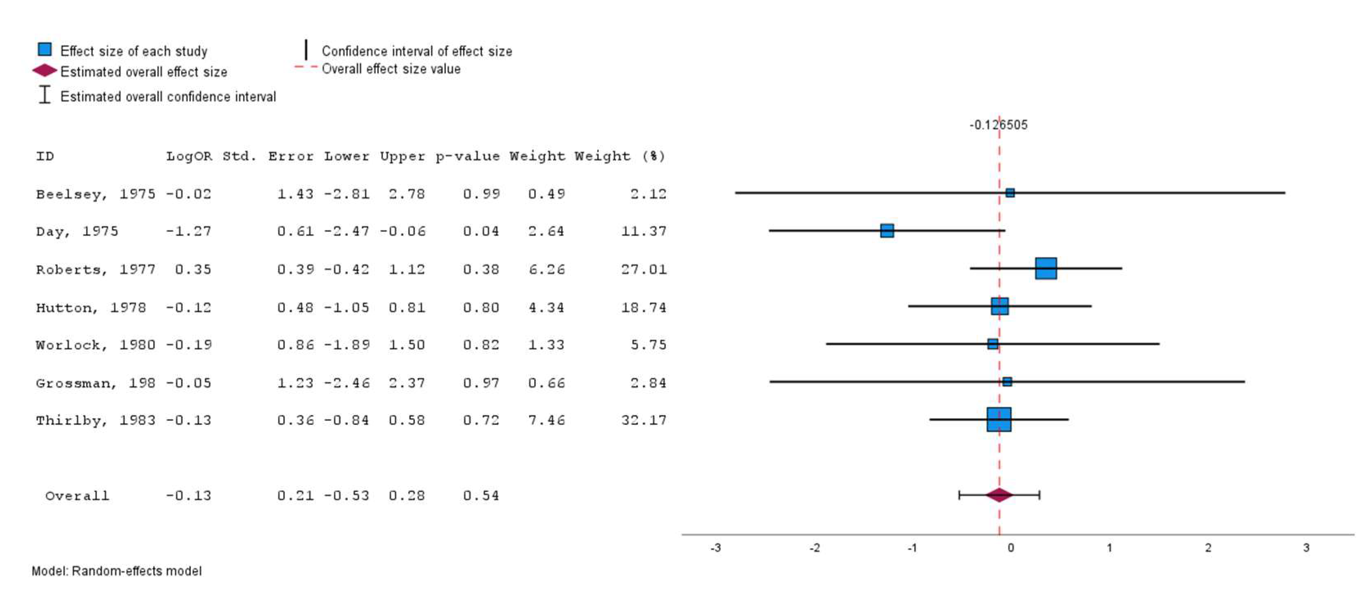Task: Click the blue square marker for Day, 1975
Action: point(886,230)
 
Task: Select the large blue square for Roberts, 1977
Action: point(1045,268)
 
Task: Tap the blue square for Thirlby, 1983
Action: point(999,419)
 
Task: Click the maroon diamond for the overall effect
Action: point(999,495)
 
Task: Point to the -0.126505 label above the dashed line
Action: point(998,125)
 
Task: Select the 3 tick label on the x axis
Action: point(1306,548)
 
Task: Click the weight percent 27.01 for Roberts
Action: point(644,269)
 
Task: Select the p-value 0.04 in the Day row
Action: point(481,231)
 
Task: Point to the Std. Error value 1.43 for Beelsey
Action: point(295,194)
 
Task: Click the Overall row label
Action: point(77,496)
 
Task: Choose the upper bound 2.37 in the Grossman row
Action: point(406,383)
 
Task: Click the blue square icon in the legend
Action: point(45,49)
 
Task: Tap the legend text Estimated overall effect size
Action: point(143,72)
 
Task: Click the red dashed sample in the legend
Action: point(306,67)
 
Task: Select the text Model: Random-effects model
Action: point(116,571)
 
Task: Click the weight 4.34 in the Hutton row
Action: point(546,307)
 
